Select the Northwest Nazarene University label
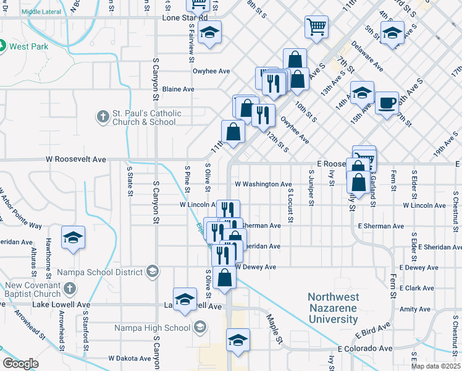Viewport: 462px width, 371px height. (333, 308)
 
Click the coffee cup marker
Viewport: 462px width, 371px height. (387, 102)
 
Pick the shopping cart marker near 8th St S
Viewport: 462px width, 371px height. (316, 27)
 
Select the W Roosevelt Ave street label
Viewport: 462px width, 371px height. (76, 159)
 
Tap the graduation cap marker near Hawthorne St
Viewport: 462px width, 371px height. (73, 238)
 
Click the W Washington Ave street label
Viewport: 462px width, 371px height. (263, 184)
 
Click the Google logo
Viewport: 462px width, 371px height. (20, 364)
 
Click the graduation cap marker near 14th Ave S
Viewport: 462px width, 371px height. (362, 93)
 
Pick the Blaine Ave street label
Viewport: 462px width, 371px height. (178, 89)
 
